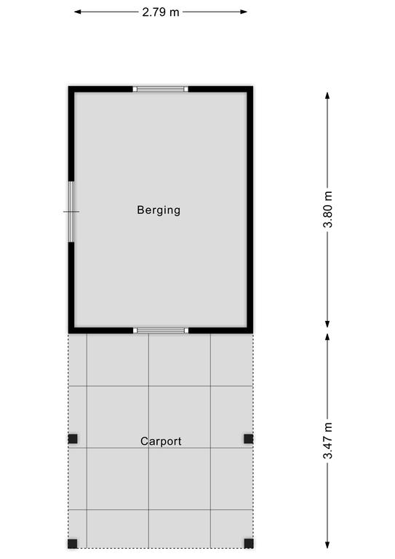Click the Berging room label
pyautogui.click(x=159, y=210)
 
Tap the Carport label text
pyautogui.click(x=161, y=441)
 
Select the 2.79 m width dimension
pyautogui.click(x=161, y=12)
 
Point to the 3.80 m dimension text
pyautogui.click(x=327, y=210)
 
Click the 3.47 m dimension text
pyautogui.click(x=327, y=440)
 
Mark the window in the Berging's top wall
pyautogui.click(x=161, y=89)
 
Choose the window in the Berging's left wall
pyautogui.click(x=71, y=212)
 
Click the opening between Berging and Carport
pyautogui.click(x=161, y=330)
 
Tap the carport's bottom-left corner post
pyautogui.click(x=73, y=544)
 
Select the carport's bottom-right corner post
pyautogui.click(x=249, y=544)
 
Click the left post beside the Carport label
pyautogui.click(x=73, y=438)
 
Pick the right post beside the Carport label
pyautogui.click(x=249, y=438)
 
